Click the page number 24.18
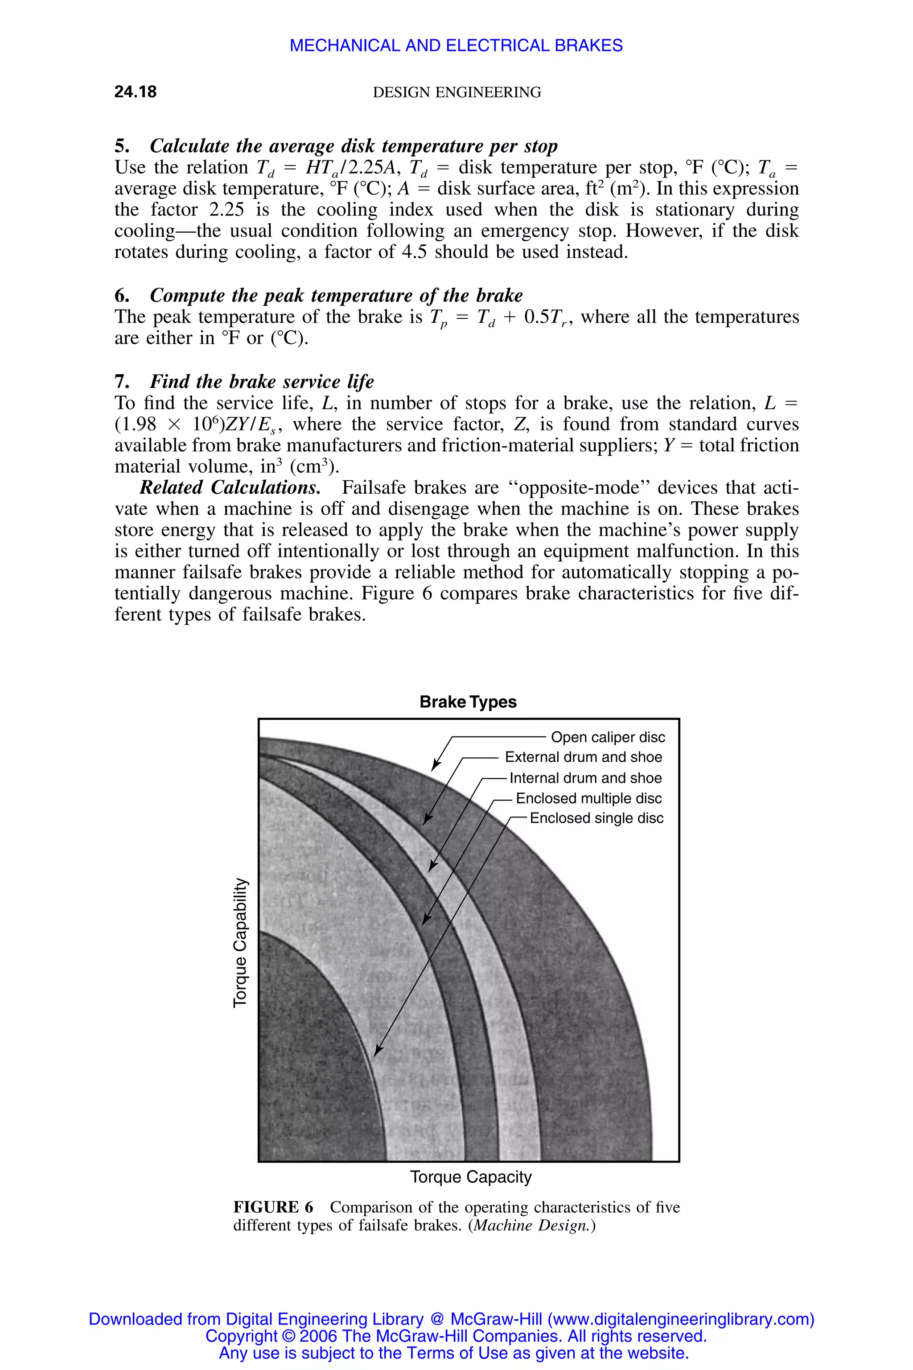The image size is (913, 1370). [135, 92]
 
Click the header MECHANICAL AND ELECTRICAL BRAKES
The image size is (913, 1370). [456, 45]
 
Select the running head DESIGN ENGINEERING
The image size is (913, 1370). [456, 93]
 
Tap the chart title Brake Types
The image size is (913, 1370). [468, 702]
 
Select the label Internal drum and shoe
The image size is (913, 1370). [585, 778]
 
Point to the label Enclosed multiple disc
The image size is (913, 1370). [588, 799]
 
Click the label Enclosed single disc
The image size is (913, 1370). [596, 818]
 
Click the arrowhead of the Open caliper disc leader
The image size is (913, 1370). [434, 767]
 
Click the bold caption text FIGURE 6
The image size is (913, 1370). [273, 1208]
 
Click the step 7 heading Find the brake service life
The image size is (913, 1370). [261, 382]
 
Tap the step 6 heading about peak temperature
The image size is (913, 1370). [336, 296]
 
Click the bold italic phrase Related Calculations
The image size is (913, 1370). [230, 487]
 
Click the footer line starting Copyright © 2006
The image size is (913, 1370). [456, 1336]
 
